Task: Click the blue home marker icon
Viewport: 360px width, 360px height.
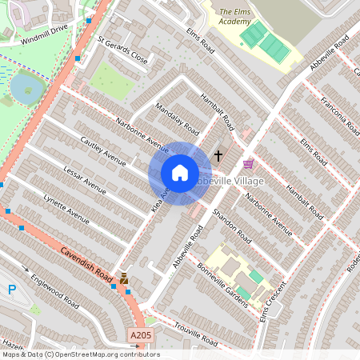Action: tap(180, 173)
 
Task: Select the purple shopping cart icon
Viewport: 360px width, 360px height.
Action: tap(248, 164)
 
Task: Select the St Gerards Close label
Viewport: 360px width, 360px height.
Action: tap(123, 49)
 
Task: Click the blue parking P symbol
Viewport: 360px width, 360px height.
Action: tap(10, 289)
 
